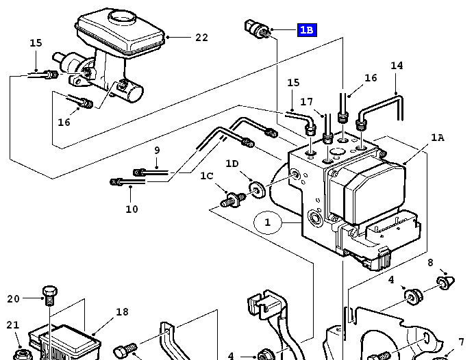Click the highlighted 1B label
pos(306,30)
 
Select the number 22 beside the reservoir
pos(201,38)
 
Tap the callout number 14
pos(397,66)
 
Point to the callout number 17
pos(306,102)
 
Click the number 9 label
pos(157,151)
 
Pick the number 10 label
pos(132,209)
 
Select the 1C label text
pos(207,176)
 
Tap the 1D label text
pos(233,164)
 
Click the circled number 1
pos(268,222)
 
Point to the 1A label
pos(437,138)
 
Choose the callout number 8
pos(430,263)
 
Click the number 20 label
pos(14,298)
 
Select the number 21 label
pos(13,325)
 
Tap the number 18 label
pos(122,312)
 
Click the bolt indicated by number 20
pos(49,295)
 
